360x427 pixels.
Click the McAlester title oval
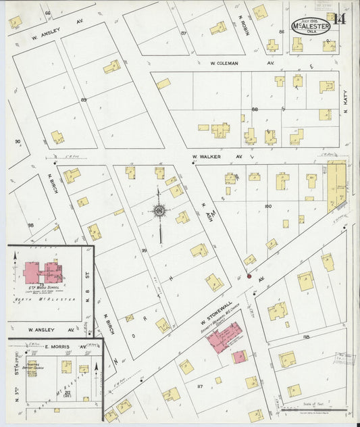point(310,25)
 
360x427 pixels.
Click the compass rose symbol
point(159,212)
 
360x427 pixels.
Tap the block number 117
point(200,386)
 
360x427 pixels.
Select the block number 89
point(84,100)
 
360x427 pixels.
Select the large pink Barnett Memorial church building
point(224,336)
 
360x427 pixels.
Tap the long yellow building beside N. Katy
point(336,185)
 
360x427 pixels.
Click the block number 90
point(18,142)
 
